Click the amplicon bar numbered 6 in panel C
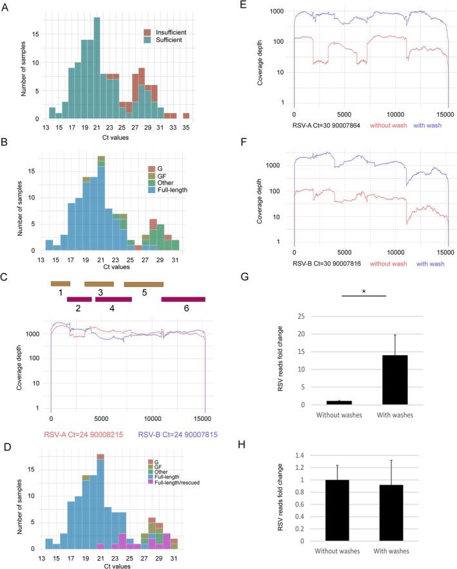[x=183, y=299]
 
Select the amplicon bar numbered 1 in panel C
[x=61, y=283]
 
